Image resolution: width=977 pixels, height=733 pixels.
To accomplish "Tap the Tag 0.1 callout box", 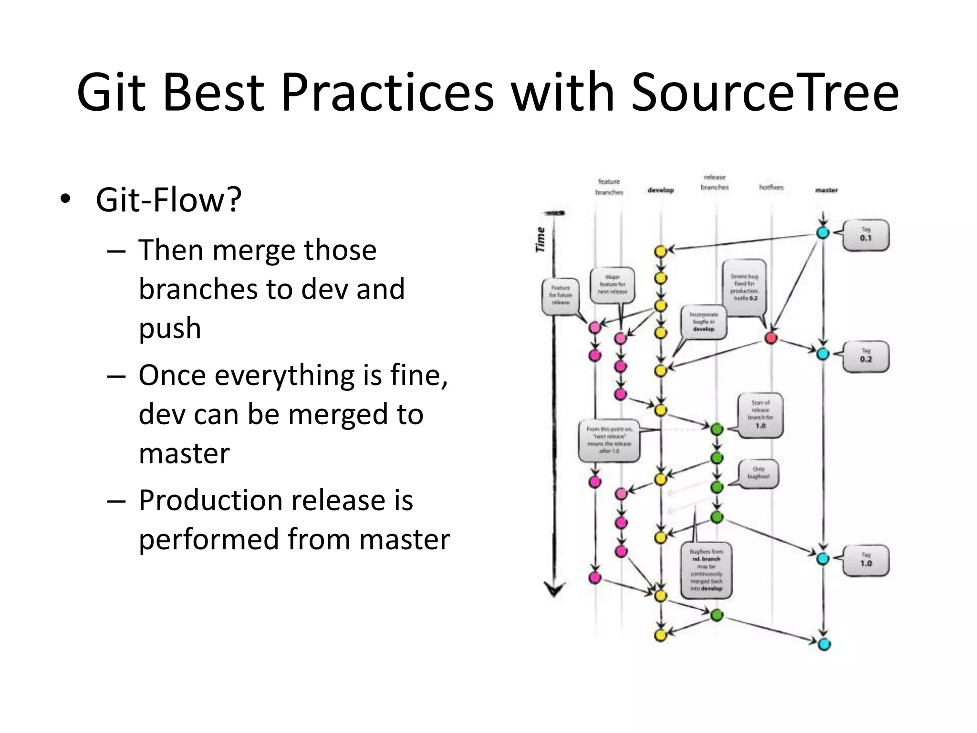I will (x=865, y=235).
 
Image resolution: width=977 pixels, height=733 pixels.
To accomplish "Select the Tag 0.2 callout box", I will (x=865, y=356).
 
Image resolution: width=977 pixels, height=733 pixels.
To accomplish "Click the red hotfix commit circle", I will (x=771, y=338).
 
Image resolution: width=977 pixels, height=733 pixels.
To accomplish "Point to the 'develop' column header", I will (x=660, y=190).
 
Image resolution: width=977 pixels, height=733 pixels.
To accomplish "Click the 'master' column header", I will (x=826, y=190).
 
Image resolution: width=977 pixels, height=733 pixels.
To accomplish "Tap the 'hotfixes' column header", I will (x=771, y=188).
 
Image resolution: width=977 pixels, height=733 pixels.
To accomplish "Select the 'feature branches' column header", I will (x=609, y=187).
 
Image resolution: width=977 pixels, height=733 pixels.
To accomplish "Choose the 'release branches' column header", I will (x=714, y=182).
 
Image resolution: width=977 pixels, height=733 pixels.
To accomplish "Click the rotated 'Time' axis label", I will (x=540, y=240).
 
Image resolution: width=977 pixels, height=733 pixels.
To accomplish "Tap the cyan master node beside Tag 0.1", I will (x=823, y=233).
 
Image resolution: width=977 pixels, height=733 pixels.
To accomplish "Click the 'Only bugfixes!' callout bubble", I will (x=758, y=473).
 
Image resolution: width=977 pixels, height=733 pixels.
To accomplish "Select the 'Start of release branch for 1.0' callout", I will (x=760, y=414).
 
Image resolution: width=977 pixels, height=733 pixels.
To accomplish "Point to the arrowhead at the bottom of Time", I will (x=554, y=590).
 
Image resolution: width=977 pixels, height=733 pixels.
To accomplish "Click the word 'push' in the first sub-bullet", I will (x=170, y=329).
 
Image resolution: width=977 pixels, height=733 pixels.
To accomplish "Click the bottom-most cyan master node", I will (x=824, y=644).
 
